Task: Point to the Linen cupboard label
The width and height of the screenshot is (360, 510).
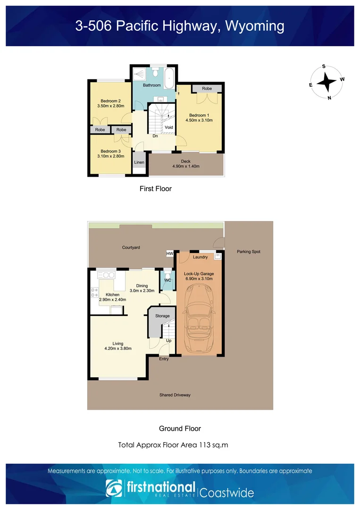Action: pos(139,162)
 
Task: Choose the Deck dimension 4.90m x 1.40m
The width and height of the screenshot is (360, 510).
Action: pos(185,166)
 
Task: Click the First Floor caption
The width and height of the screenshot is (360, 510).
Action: pos(155,189)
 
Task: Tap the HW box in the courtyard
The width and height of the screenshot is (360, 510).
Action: pos(170,254)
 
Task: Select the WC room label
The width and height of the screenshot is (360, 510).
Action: pos(167,280)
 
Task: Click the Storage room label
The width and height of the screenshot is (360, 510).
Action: pos(162,316)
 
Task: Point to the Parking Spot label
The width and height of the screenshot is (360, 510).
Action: pos(248,252)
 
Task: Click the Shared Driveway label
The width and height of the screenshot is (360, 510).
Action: pos(175,395)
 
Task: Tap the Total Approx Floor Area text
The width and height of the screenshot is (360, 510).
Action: pos(173,445)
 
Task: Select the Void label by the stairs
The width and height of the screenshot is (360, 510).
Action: pos(169,127)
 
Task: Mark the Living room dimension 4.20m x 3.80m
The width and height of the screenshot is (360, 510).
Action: pos(118,348)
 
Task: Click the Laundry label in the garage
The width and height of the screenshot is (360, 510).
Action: pos(201,257)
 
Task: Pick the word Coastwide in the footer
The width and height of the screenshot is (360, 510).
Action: pos(227,493)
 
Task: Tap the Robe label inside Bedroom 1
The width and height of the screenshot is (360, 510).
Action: pos(207,89)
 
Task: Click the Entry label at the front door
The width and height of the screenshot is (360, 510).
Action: pos(164,359)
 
